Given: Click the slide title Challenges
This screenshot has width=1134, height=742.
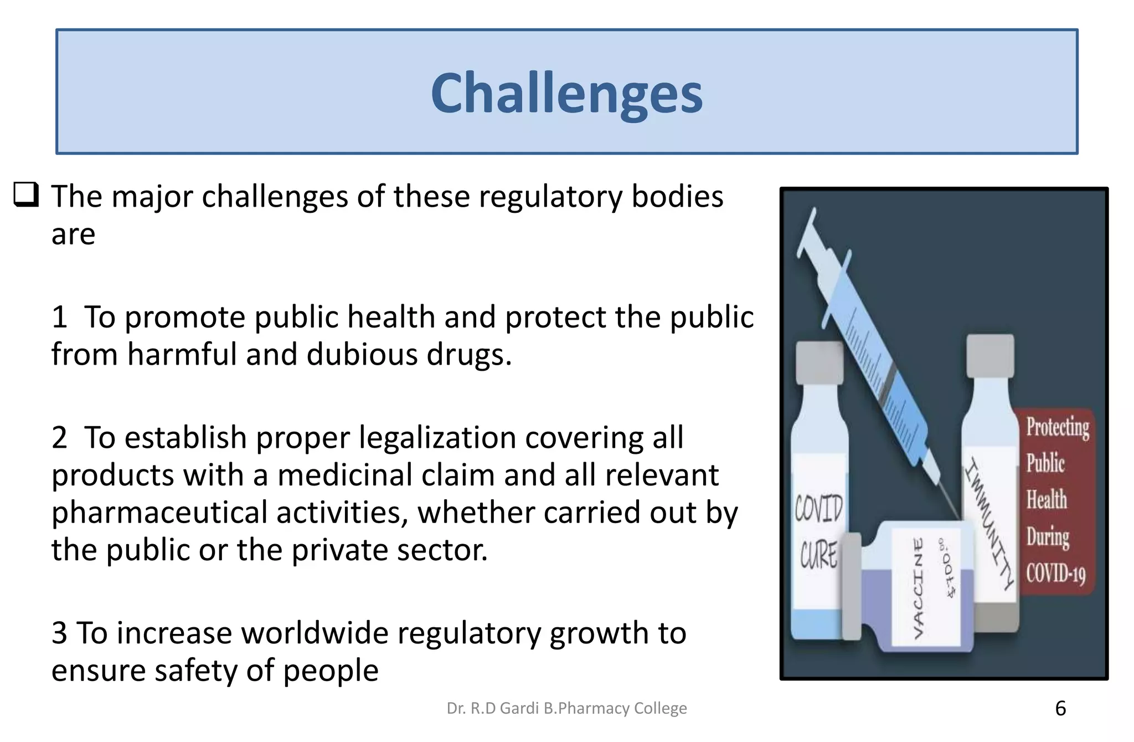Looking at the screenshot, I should (x=566, y=93).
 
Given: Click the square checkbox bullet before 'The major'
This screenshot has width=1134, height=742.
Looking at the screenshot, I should (x=26, y=195).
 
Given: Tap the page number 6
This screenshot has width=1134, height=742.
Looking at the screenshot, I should (x=1060, y=708).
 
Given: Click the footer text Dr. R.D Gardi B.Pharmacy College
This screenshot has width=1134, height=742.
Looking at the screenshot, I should (x=566, y=708).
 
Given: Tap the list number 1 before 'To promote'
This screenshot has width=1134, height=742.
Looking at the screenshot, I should (x=59, y=318).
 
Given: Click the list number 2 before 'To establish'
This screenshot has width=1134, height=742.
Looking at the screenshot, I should (x=59, y=438).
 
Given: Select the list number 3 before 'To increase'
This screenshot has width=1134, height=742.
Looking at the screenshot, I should (x=59, y=633).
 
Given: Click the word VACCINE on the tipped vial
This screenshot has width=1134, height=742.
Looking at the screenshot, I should (x=918, y=587).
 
